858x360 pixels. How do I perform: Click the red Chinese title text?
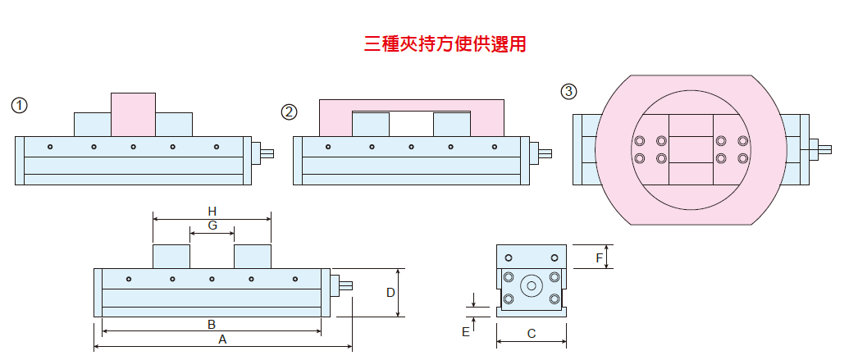point(445,44)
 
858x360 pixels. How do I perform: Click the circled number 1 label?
point(20,105)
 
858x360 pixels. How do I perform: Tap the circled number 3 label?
point(568,91)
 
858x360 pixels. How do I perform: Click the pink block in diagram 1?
point(133,114)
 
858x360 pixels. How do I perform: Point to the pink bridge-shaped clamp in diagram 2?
point(411,107)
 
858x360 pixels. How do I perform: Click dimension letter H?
point(212,211)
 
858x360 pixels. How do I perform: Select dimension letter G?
point(212,225)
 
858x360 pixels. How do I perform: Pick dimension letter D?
point(390,293)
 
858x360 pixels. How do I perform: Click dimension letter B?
point(211,324)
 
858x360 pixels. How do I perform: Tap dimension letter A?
point(221,339)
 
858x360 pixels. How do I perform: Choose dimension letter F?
point(600,257)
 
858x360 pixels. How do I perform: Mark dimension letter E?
point(466,331)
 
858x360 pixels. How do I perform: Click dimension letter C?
point(532,334)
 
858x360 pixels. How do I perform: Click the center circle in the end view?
point(532,286)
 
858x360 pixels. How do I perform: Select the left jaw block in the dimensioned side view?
point(171,256)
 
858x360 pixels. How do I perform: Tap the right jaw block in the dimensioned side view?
point(252,256)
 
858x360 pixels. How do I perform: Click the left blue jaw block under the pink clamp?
point(370,125)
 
